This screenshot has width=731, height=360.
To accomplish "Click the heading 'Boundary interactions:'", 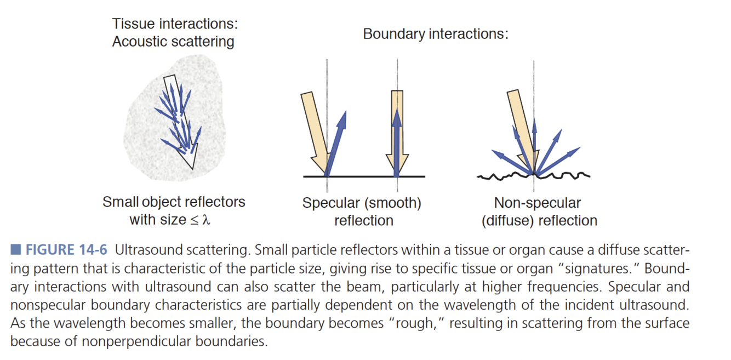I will pos(436,34).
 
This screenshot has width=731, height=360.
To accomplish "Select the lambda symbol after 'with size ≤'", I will pos(207,220).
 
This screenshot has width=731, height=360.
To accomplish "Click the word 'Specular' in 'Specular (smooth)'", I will pos(330,203).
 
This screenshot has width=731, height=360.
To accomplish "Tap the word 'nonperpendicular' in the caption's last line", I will pos(132,341).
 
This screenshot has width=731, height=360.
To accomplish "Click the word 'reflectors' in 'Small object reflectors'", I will pos(214,202).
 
